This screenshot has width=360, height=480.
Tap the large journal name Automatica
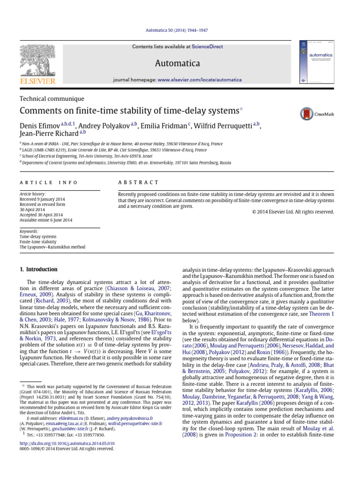[x=180, y=63]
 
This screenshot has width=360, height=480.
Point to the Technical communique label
[x=52, y=99]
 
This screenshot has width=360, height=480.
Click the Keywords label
[x=30, y=231]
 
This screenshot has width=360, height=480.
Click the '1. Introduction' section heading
[x=38, y=270]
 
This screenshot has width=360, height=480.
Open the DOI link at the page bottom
[x=67, y=442]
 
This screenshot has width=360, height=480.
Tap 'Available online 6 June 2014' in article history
[x=46, y=220]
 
